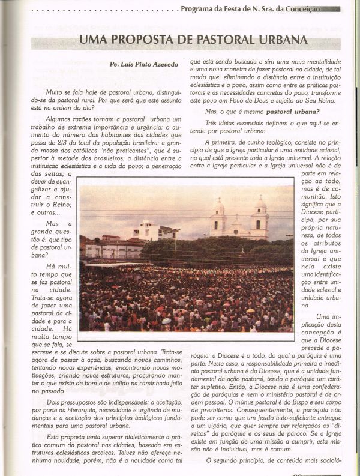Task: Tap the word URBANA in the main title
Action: coord(280,41)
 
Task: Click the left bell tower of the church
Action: coord(218,217)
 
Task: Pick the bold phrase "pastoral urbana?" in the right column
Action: coord(293,111)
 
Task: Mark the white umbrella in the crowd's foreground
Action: coord(166,321)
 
